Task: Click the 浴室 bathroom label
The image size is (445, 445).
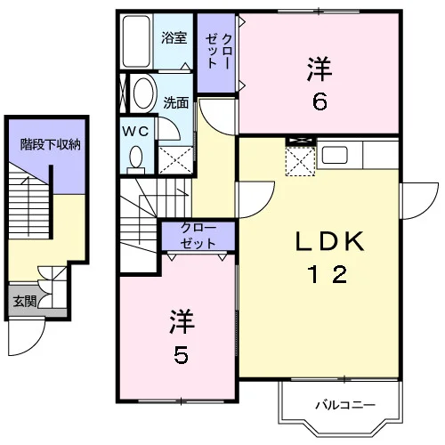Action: pyautogui.click(x=174, y=38)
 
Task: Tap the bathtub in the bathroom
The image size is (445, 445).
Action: pyautogui.click(x=136, y=41)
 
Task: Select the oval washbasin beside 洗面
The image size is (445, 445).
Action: pyautogui.click(x=144, y=93)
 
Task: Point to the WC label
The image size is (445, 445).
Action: pyautogui.click(x=136, y=131)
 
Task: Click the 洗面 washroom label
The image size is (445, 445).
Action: pyautogui.click(x=176, y=102)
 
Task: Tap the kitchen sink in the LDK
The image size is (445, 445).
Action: pyautogui.click(x=335, y=155)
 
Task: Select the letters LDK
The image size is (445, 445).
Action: pyautogui.click(x=330, y=241)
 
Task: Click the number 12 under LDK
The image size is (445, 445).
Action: pyautogui.click(x=328, y=274)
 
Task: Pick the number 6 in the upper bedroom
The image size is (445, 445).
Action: pyautogui.click(x=320, y=101)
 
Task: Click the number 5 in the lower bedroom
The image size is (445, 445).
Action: pyautogui.click(x=181, y=355)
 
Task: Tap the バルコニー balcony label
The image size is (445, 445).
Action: pyautogui.click(x=345, y=405)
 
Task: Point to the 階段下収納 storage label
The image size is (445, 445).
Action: pyautogui.click(x=51, y=144)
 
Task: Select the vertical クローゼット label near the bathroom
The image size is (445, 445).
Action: pyautogui.click(x=219, y=52)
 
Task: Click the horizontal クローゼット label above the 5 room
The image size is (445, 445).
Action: pyautogui.click(x=198, y=236)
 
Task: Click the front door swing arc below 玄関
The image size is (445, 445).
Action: pyautogui.click(x=35, y=344)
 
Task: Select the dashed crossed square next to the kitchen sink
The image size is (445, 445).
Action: pyautogui.click(x=300, y=161)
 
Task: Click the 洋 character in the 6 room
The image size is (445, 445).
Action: pyautogui.click(x=320, y=69)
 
